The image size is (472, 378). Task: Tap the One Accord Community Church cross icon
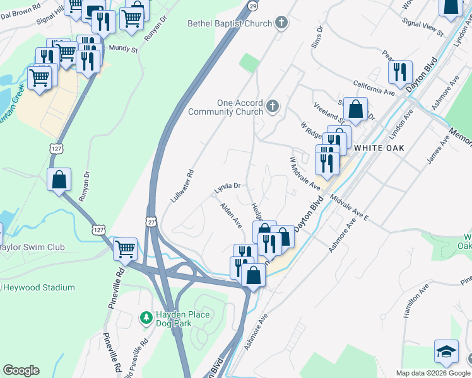pyautogui.click(x=273, y=105)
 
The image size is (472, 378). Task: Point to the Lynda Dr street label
pyautogui.click(x=228, y=186)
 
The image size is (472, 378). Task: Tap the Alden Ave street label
pyautogui.click(x=230, y=215)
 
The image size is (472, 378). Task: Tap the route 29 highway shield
pyautogui.click(x=252, y=6)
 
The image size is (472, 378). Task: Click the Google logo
pyautogui.click(x=21, y=370)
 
